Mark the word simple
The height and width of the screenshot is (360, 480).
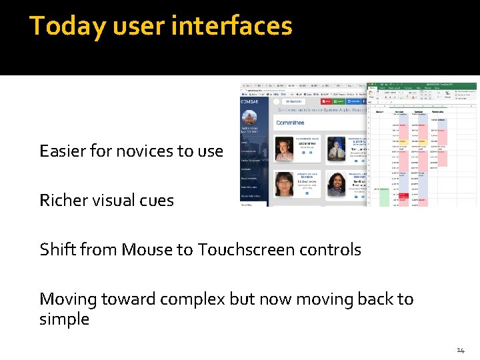point(64,319)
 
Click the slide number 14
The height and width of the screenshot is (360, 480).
point(460,350)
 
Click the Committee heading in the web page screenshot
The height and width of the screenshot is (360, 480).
point(289,123)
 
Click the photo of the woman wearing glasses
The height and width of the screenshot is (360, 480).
point(285,185)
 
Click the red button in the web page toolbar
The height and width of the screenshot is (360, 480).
point(327,101)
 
